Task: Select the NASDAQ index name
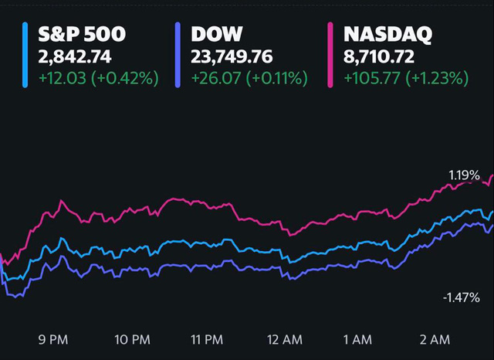click(387, 35)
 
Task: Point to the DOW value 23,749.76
click(230, 56)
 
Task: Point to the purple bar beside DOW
click(178, 55)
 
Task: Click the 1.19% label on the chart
click(464, 175)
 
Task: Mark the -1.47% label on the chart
click(462, 297)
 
